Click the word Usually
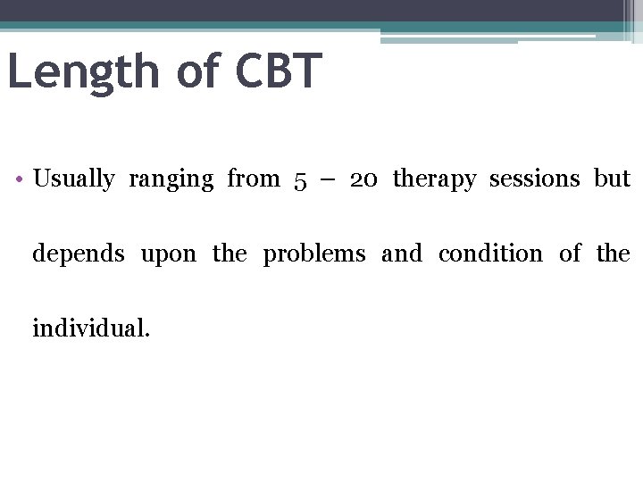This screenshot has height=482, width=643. pyautogui.click(x=73, y=179)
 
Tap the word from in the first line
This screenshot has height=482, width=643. pyautogui.click(x=254, y=179)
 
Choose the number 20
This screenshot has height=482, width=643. pyautogui.click(x=363, y=179)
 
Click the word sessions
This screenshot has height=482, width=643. pyautogui.click(x=534, y=179)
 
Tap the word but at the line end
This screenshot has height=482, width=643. pyautogui.click(x=613, y=179)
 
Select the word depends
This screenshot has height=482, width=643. pyautogui.click(x=79, y=254)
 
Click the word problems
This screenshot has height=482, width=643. pyautogui.click(x=313, y=254)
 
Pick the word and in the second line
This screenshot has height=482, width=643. pyautogui.click(x=401, y=253)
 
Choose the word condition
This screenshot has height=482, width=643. pyautogui.click(x=490, y=253)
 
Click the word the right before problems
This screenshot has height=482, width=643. pyautogui.click(x=230, y=253)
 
